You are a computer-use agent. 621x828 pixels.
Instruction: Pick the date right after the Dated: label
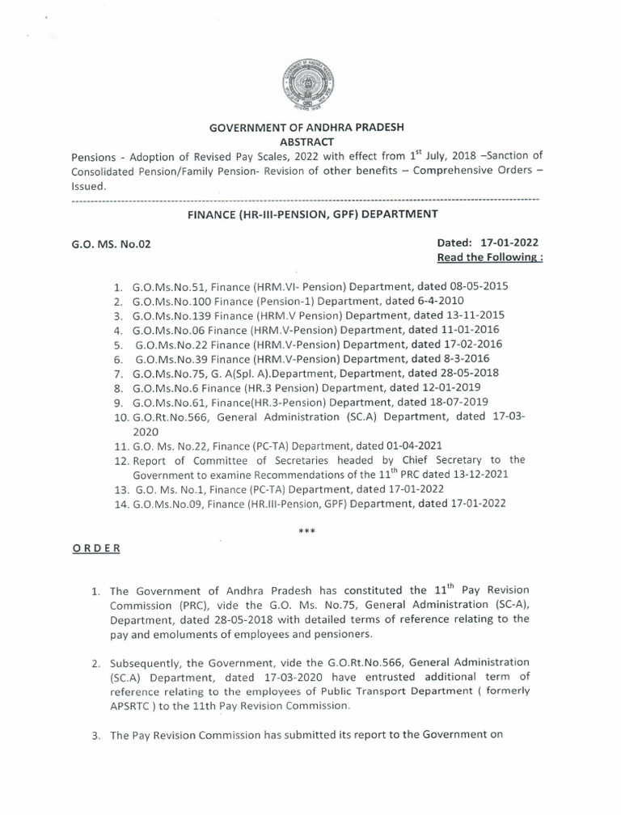coord(509,243)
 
